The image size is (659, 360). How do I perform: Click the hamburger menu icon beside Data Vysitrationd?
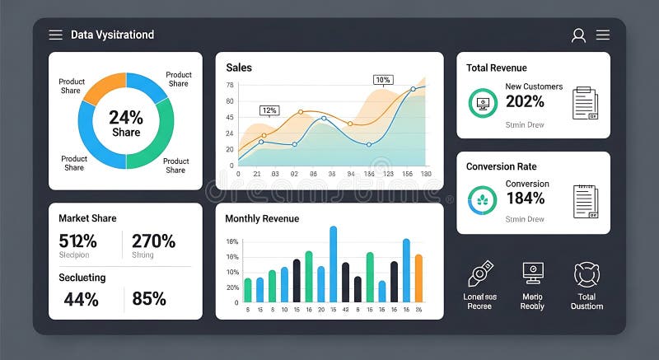click(55, 35)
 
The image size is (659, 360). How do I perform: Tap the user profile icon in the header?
click(578, 35)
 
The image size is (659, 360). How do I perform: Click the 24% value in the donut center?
click(126, 117)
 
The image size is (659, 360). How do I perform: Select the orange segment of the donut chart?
click(99, 88)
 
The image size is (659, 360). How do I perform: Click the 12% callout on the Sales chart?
click(269, 110)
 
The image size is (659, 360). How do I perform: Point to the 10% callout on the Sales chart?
click(382, 80)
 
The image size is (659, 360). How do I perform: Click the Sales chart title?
click(239, 68)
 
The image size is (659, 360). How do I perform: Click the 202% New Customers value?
click(525, 101)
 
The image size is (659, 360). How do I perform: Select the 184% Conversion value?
click(525, 198)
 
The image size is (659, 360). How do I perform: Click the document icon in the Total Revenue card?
click(585, 103)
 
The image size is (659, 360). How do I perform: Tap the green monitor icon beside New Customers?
click(483, 103)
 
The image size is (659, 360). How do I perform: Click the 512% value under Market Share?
click(77, 241)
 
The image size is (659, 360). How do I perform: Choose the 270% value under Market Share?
click(153, 241)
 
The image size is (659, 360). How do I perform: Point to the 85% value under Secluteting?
click(148, 299)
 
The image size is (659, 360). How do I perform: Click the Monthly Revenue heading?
click(262, 218)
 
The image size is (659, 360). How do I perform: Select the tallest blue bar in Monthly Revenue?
click(334, 264)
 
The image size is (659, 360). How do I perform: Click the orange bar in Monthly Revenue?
click(418, 278)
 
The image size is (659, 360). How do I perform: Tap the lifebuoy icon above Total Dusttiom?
click(587, 274)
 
